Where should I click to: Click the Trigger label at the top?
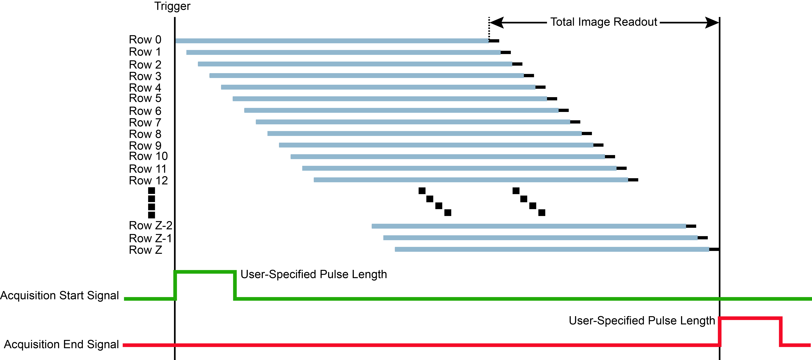coord(172,6)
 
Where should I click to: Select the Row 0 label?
coord(145,40)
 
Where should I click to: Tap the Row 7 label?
coord(145,123)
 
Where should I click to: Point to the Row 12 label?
coord(148,181)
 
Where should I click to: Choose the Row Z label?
coord(145,250)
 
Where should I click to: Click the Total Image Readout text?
coord(603,22)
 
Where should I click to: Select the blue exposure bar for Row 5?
coord(390,99)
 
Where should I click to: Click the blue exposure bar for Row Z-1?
coord(540,238)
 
